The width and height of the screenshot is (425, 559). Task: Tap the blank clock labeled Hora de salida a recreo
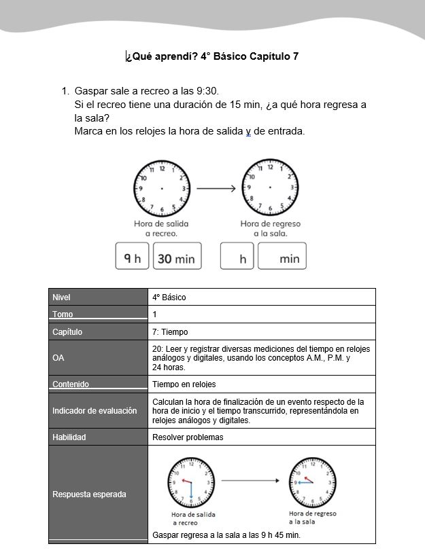(x=161, y=188)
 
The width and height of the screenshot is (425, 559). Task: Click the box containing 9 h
(x=132, y=256)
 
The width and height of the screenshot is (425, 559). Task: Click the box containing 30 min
(x=177, y=256)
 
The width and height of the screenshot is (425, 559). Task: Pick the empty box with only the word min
(x=282, y=256)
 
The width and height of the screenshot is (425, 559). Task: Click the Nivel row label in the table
(x=61, y=297)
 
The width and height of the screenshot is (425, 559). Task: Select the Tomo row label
(x=63, y=314)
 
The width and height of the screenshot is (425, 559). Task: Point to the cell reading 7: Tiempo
(x=170, y=332)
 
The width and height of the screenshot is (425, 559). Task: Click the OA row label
(x=58, y=358)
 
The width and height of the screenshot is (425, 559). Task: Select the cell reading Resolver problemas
(x=188, y=437)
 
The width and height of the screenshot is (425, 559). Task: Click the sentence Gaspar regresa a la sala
(x=226, y=535)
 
